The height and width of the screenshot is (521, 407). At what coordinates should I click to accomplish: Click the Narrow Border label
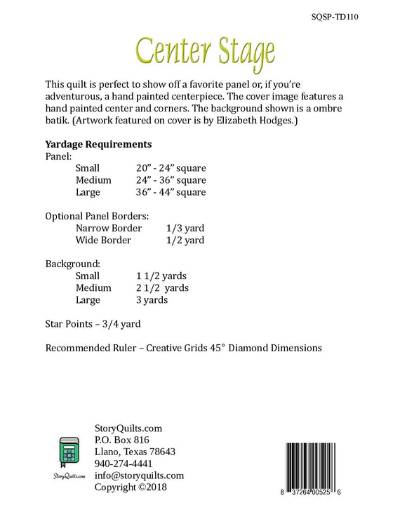click(x=108, y=228)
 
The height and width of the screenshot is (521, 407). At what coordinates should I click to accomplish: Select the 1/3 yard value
click(x=185, y=228)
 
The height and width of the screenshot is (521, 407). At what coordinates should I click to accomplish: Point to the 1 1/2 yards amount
click(x=161, y=276)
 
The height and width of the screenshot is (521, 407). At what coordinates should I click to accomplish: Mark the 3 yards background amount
click(x=152, y=299)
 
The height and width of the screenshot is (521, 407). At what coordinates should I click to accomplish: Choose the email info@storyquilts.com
click(x=139, y=475)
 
